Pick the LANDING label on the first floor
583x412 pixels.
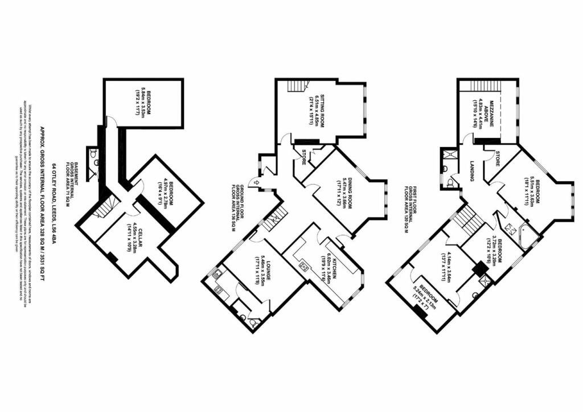point(472,170)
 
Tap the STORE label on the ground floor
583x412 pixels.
point(305,157)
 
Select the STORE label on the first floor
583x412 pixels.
point(497,158)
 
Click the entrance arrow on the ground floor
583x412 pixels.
point(256,182)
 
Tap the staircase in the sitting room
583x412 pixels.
point(294,86)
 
